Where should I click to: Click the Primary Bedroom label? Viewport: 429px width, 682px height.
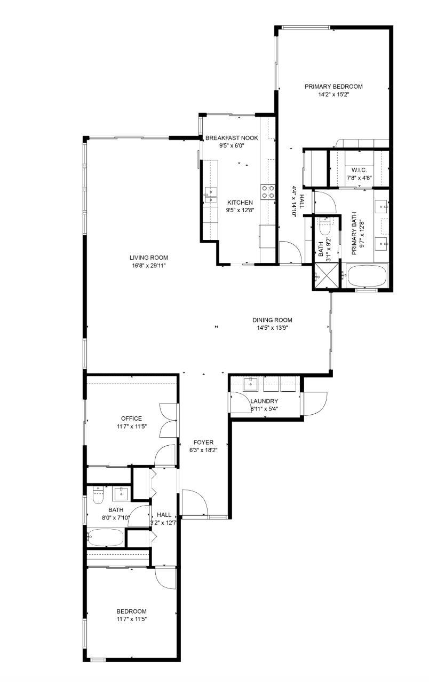tap(333, 87)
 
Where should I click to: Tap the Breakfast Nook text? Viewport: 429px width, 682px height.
tap(232, 138)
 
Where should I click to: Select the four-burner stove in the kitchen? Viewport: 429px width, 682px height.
tap(268, 191)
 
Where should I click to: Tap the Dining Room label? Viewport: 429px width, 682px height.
tap(272, 320)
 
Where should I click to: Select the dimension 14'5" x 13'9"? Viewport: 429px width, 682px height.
tap(272, 328)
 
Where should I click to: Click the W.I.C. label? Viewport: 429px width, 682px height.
tap(358, 170)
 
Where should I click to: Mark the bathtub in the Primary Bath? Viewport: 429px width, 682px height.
tap(367, 277)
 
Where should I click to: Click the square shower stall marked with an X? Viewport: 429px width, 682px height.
tap(322, 277)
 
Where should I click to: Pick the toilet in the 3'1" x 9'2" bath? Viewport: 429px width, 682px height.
tap(325, 229)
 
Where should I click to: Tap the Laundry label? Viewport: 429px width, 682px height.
tap(264, 401)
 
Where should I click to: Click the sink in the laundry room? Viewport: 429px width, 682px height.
tap(251, 383)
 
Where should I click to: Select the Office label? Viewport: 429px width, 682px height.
tap(131, 418)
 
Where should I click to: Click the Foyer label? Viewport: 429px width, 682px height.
tap(203, 443)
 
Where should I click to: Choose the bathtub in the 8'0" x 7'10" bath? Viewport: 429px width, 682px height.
tap(106, 537)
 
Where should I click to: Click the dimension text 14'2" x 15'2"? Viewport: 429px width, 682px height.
tap(333, 95)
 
